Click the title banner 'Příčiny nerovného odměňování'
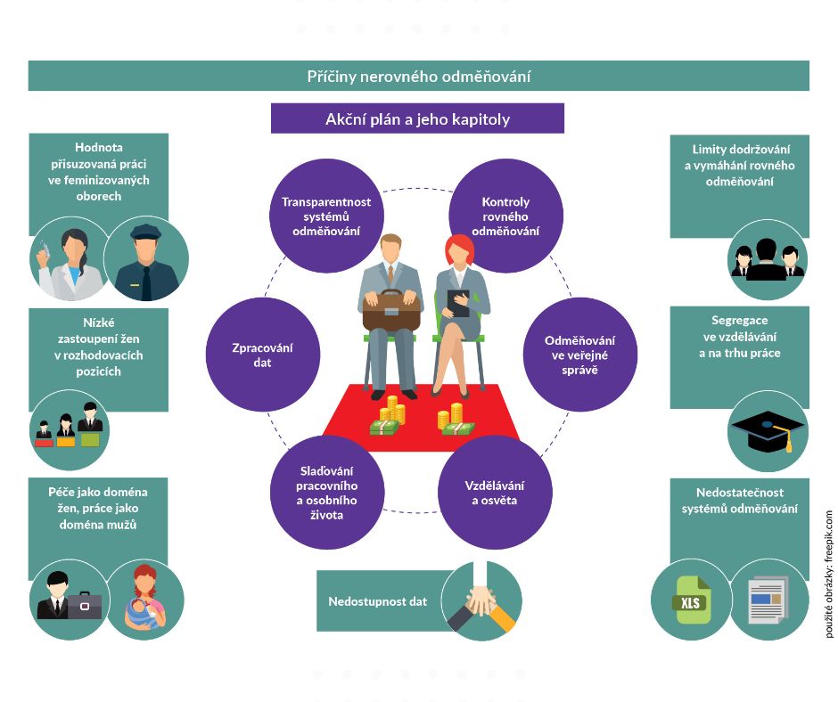tap(418, 76)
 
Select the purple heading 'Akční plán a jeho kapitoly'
tap(417, 118)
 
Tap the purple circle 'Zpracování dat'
tap(262, 355)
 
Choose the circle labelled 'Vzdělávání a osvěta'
tap(495, 493)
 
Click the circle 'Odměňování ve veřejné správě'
tap(580, 354)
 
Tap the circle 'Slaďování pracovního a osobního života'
tap(326, 493)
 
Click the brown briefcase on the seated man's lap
tap(390, 307)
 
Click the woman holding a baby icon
tap(144, 598)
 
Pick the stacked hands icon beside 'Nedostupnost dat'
tap(481, 601)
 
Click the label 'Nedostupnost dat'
tap(377, 601)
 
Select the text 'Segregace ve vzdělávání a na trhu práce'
tap(739, 336)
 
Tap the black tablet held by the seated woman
tap(457, 303)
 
